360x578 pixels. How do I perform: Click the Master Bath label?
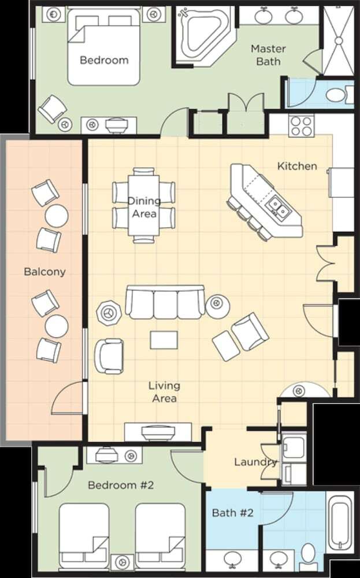coord(268,55)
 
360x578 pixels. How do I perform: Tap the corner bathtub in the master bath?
coord(203,34)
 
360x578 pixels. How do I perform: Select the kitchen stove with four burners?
coord(302,126)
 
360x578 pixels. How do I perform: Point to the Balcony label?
coord(44,272)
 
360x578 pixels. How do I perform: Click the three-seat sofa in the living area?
coord(165,302)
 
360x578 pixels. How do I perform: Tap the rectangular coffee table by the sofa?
coord(164,340)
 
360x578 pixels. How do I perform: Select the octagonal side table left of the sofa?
coord(108,313)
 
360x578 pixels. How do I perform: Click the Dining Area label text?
coord(144,207)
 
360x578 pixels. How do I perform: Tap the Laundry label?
coord(255,462)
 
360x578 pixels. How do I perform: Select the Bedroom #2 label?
coord(121,485)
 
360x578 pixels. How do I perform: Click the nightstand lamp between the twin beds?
coord(122,562)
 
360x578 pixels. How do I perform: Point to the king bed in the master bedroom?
coord(103,47)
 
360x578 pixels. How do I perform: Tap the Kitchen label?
coord(297,166)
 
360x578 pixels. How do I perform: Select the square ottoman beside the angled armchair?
coord(227,346)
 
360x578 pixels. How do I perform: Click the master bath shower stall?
coord(338,40)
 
